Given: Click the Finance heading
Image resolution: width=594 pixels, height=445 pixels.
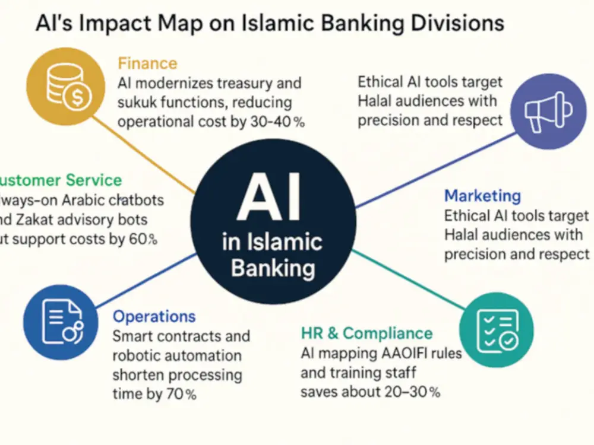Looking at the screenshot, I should (x=147, y=63).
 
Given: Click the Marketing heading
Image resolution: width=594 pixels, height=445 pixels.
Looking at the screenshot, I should (x=482, y=195).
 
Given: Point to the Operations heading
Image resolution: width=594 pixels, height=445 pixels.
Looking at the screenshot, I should (x=154, y=317).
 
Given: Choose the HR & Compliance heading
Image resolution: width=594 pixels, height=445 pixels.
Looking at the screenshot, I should (x=366, y=333).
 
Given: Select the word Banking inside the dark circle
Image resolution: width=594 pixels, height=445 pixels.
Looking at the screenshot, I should (x=273, y=268).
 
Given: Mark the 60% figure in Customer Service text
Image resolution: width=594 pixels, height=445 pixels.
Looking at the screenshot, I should (x=141, y=240).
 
